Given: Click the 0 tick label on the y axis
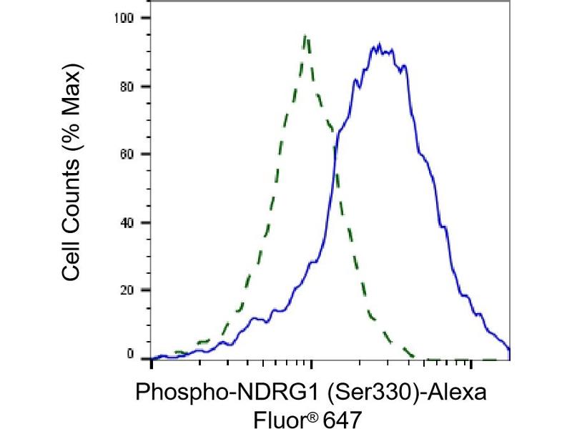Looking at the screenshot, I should pyautogui.click(x=130, y=354).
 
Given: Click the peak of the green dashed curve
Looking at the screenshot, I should pyautogui.click(x=305, y=35).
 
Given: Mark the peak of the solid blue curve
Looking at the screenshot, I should pyautogui.click(x=379, y=44).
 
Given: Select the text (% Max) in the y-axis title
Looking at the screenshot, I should pyautogui.click(x=71, y=107).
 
